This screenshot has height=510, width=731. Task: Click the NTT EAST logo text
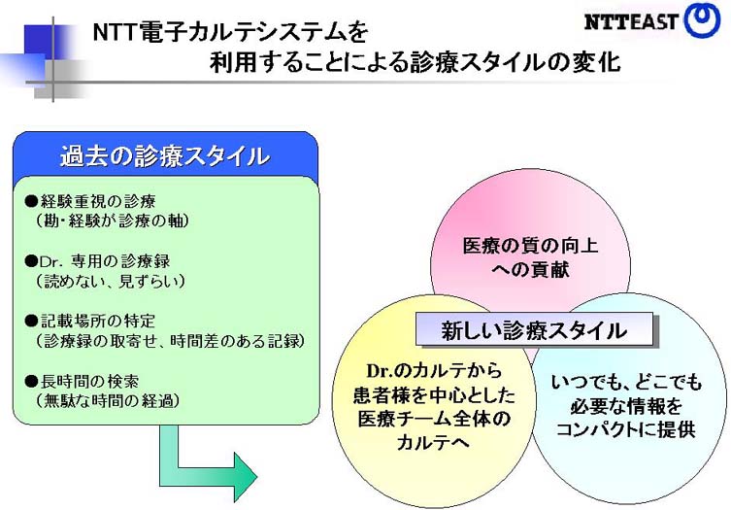(632, 21)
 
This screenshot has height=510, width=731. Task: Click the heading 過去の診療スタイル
(164, 155)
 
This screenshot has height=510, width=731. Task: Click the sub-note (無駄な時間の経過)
(107, 399)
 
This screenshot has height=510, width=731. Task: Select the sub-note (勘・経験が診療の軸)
(111, 221)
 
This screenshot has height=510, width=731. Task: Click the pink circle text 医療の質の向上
(530, 245)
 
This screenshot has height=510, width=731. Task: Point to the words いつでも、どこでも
(625, 383)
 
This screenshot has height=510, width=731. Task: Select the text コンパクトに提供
(625, 428)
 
